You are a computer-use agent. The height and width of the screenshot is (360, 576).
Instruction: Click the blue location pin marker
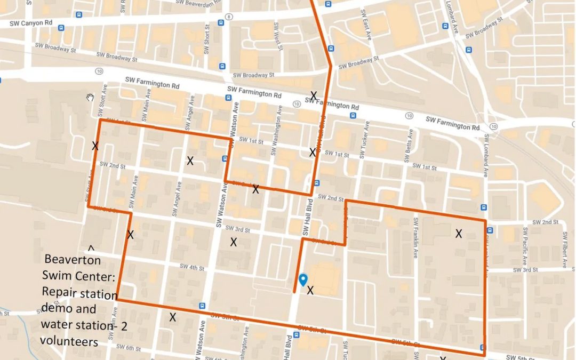(303, 279)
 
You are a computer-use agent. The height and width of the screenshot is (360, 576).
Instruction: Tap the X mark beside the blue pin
(310, 290)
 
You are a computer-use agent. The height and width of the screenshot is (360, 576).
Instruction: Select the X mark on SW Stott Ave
(95, 146)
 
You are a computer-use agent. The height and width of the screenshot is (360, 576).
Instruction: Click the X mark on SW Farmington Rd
(314, 95)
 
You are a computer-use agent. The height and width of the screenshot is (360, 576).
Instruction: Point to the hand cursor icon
(91, 97)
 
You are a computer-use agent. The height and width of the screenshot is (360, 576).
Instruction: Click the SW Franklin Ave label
(415, 243)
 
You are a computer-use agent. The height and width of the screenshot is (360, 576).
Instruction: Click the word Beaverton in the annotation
(73, 260)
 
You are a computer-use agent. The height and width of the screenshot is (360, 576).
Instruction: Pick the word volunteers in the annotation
(69, 341)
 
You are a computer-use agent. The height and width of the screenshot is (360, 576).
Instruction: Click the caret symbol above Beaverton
(91, 248)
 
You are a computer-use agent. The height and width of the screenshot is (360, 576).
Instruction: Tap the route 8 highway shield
(228, 17)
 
